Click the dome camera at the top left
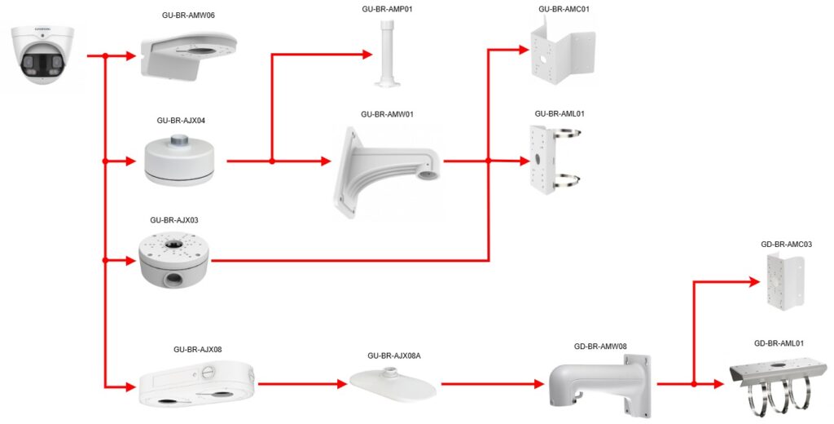click(x=42, y=54)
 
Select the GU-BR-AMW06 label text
click(x=188, y=15)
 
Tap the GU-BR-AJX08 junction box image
click(x=196, y=382)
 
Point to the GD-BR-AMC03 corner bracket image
click(x=784, y=280)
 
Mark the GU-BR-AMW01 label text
click(x=387, y=114)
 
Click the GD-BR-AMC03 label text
click(x=785, y=244)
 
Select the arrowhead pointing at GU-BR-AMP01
click(x=368, y=55)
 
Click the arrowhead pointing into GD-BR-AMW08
click(x=540, y=383)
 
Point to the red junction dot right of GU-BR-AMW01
click(x=488, y=161)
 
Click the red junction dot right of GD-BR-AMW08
click(x=692, y=383)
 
